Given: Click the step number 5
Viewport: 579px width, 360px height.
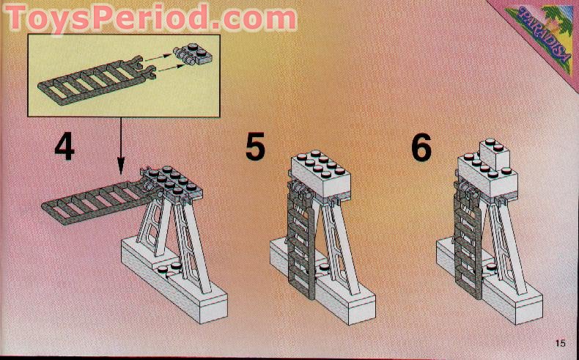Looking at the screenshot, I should coord(254,146).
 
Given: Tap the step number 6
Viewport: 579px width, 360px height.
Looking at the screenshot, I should coord(421,147).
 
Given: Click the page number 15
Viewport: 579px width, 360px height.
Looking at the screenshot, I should coord(561,342).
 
